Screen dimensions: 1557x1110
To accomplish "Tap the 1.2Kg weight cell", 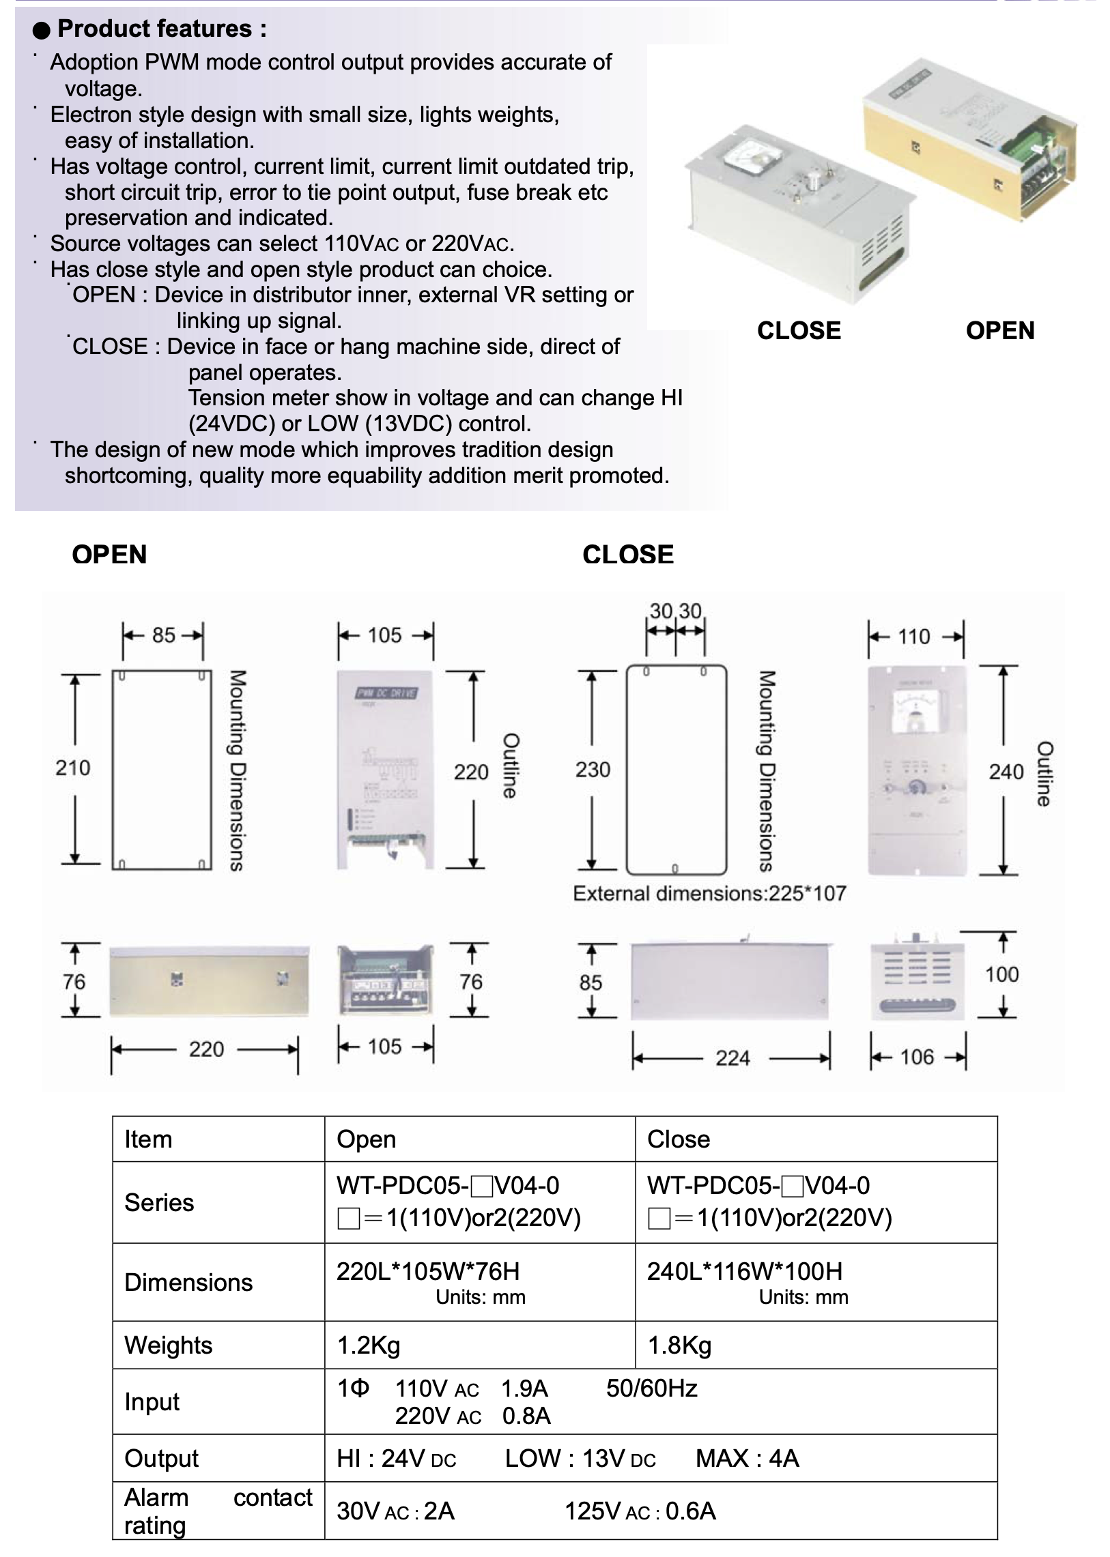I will pos(369,1345).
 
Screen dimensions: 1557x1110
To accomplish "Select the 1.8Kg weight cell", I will pos(679,1345).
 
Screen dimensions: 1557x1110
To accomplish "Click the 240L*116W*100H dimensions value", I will pos(744,1271).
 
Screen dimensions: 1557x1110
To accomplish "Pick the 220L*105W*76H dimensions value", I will pos(428,1271).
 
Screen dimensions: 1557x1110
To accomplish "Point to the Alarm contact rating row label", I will pos(217,1511).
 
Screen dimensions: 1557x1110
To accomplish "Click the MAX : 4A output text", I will pos(747,1459).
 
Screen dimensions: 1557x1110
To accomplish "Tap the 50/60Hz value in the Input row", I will pos(651,1388).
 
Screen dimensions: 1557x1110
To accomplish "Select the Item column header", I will pos(148,1139).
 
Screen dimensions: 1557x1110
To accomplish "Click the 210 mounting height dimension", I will pos(72,768).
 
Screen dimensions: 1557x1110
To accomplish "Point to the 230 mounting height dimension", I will pos(592,770).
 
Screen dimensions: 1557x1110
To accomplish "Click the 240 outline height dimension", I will pos(1006,772).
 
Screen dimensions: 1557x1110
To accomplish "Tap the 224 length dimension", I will pos(732,1058).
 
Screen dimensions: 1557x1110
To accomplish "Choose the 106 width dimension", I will pos(917,1057).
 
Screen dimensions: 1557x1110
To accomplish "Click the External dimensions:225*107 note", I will pos(709,894).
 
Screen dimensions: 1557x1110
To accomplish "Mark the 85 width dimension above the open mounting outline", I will pos(163,635).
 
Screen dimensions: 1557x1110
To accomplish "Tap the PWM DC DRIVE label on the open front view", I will pos(386,693).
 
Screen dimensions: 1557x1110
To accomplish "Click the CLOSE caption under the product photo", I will pos(799,331).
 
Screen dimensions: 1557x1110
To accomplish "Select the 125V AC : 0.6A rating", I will pos(640,1511).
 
